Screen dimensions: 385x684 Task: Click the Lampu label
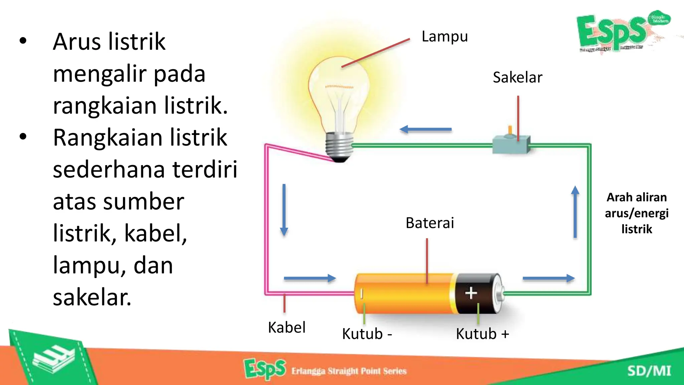tap(445, 37)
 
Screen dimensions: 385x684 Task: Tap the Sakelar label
tap(517, 78)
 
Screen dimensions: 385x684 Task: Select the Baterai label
tap(430, 223)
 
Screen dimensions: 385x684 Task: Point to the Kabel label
tap(287, 328)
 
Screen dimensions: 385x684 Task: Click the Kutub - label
tap(367, 334)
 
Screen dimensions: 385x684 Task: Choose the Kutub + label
tap(482, 334)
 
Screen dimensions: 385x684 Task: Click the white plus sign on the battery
tap(471, 293)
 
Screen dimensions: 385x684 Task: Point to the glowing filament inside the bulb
tap(339, 87)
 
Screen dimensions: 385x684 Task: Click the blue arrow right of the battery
tap(548, 278)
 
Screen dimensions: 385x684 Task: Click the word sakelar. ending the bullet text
tap(92, 297)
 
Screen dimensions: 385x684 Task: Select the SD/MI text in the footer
tap(649, 371)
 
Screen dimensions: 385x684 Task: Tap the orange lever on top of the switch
tap(510, 130)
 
